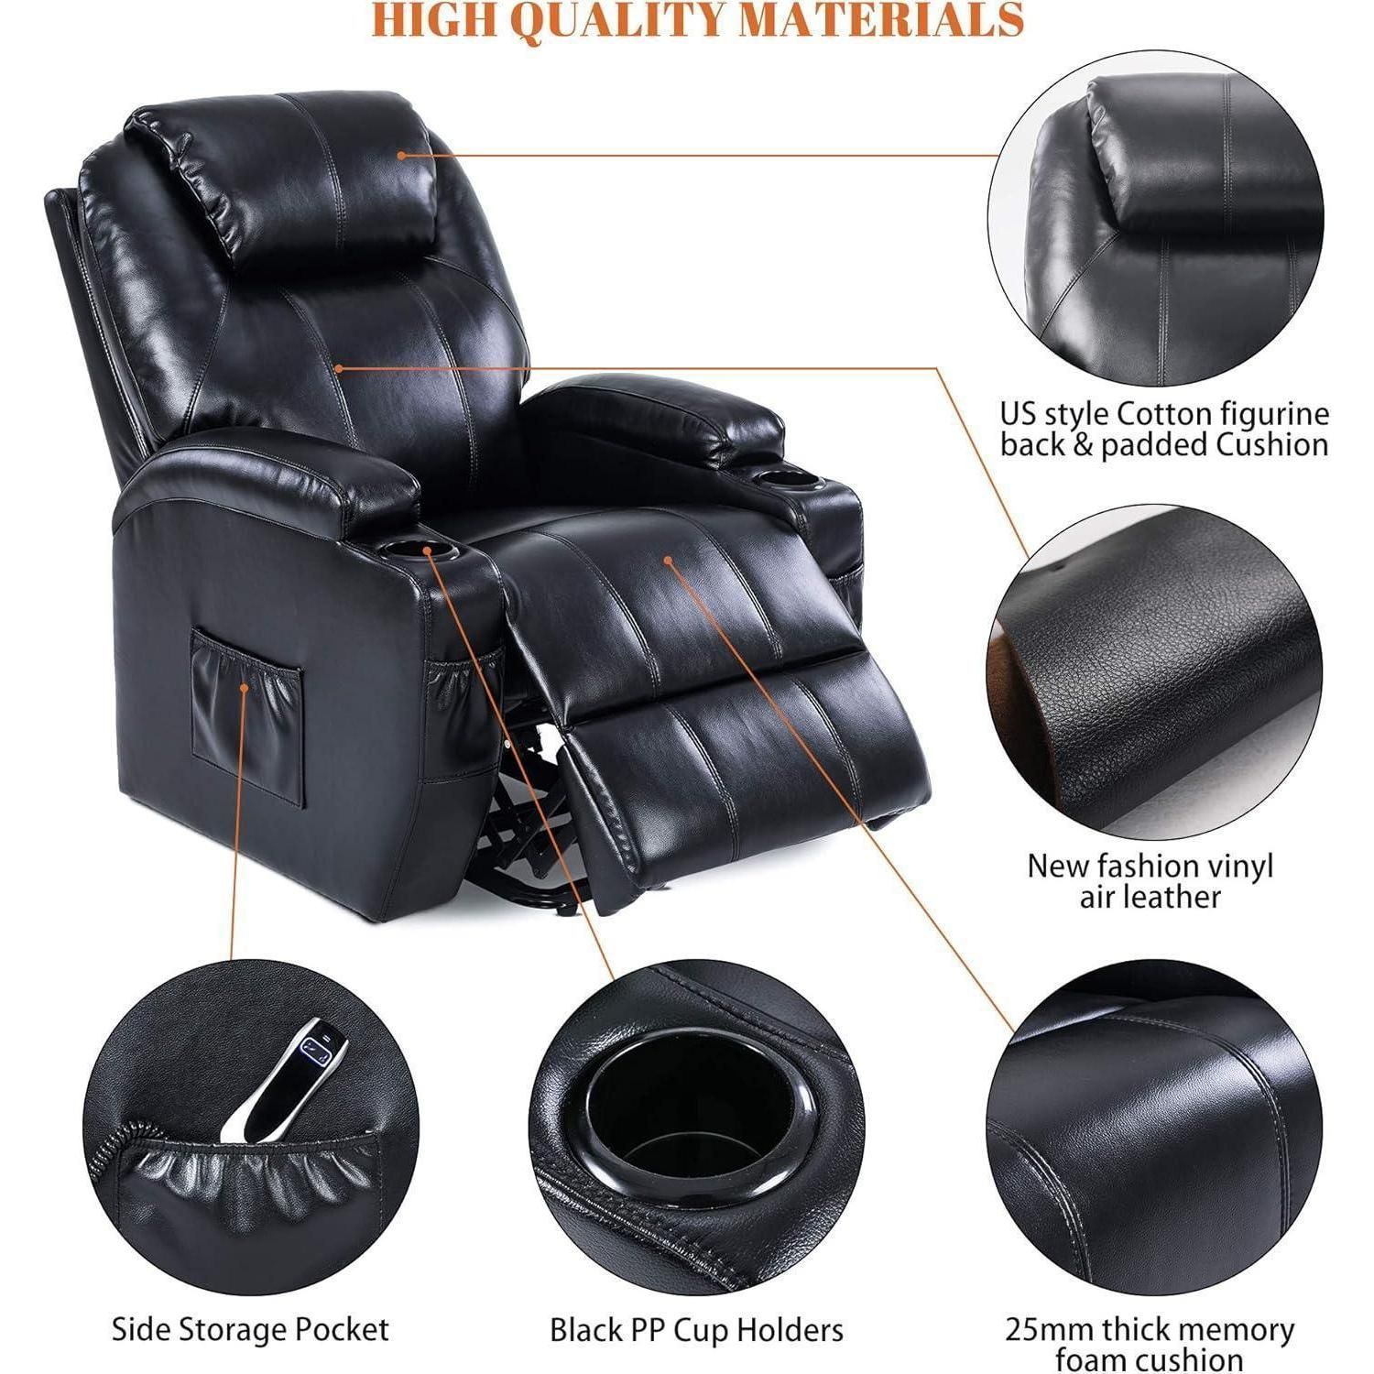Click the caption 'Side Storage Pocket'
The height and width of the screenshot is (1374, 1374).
[250, 1328]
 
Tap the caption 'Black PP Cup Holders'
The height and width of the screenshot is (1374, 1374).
[696, 1328]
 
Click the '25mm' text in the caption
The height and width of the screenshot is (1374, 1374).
[1050, 1328]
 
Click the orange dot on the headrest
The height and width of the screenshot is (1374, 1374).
[401, 155]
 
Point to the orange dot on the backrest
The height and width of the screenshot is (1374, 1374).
[338, 368]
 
